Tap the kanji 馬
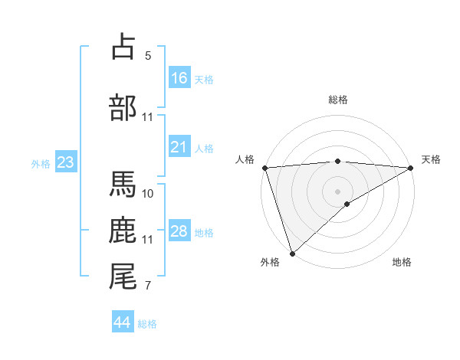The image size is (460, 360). [123, 183]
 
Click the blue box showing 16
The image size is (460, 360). [179, 78]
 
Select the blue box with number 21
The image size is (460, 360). [179, 147]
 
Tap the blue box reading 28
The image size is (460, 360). [179, 231]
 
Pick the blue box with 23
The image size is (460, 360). [65, 162]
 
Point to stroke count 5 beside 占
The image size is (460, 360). [148, 56]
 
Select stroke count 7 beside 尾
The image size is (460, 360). [148, 286]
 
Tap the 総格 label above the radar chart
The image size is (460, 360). [338, 100]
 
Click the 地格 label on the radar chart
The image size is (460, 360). [402, 262]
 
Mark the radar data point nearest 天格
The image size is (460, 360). [411, 168]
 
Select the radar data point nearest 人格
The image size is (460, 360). [264, 168]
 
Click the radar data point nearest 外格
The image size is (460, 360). [292, 253]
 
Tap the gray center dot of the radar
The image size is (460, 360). [337, 191]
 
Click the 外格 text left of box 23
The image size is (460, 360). [41, 163]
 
